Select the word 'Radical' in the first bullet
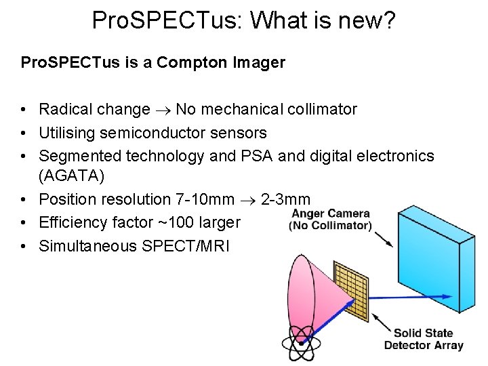click(x=64, y=109)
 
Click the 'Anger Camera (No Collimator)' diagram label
click(x=330, y=220)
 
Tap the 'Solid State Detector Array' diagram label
click(x=424, y=339)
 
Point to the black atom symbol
click(x=301, y=344)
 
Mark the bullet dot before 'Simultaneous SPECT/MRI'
click(x=24, y=246)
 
